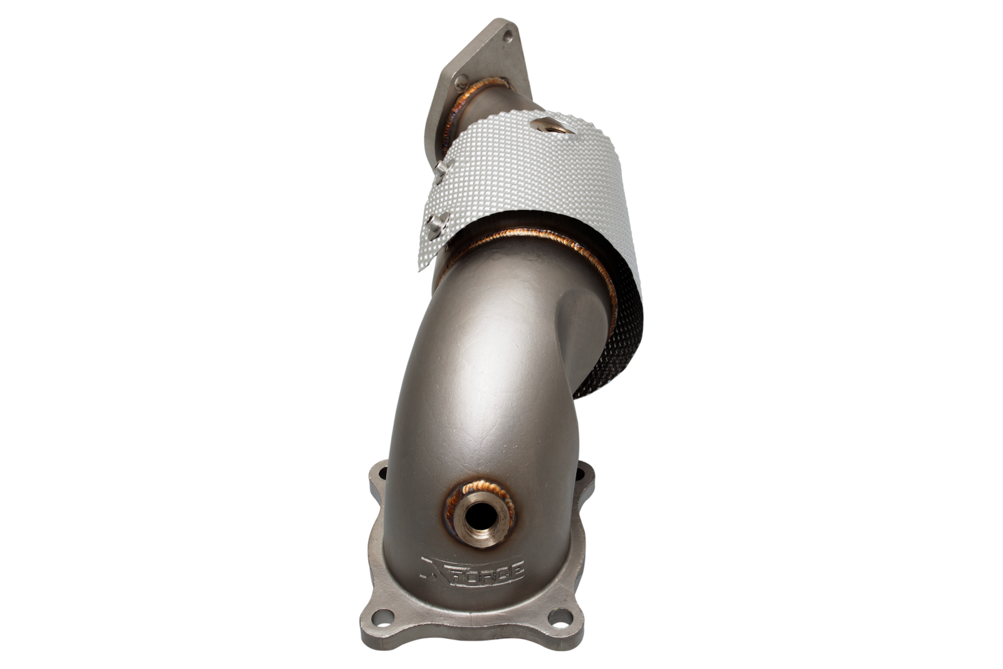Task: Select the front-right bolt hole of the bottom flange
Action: [x=560, y=617]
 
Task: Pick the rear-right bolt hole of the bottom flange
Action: [x=580, y=473]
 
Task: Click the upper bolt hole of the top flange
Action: [x=508, y=35]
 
